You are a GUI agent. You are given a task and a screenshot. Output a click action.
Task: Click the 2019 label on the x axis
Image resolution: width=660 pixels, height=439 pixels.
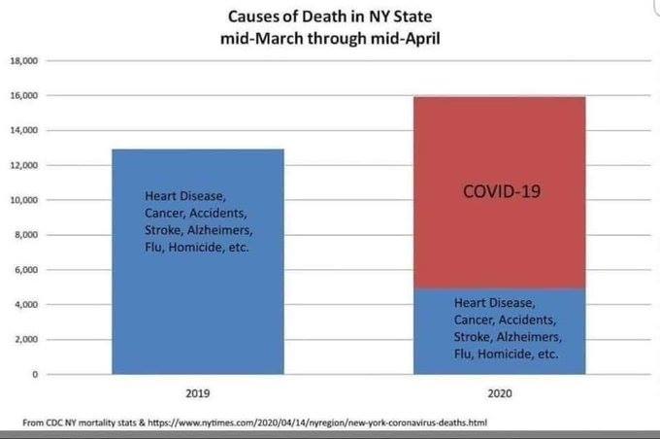click(198, 395)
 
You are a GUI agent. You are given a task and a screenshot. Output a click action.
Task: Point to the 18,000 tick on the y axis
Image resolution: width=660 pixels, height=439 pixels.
click(23, 60)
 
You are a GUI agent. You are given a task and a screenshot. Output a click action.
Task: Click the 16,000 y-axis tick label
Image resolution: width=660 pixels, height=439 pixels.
click(23, 95)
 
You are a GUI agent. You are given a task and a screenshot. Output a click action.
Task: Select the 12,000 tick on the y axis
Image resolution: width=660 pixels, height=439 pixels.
click(23, 165)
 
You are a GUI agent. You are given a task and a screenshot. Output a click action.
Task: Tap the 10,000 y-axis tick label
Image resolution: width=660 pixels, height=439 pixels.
click(23, 200)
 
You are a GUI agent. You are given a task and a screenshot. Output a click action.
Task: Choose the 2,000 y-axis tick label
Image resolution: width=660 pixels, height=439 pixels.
click(26, 339)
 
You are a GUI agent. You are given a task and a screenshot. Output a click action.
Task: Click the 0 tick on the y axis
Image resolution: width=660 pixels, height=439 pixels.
click(33, 374)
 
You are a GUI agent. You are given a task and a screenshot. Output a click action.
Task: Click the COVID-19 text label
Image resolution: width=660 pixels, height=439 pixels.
click(502, 192)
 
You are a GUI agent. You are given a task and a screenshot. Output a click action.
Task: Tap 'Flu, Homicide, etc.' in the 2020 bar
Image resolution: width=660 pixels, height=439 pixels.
click(506, 355)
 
